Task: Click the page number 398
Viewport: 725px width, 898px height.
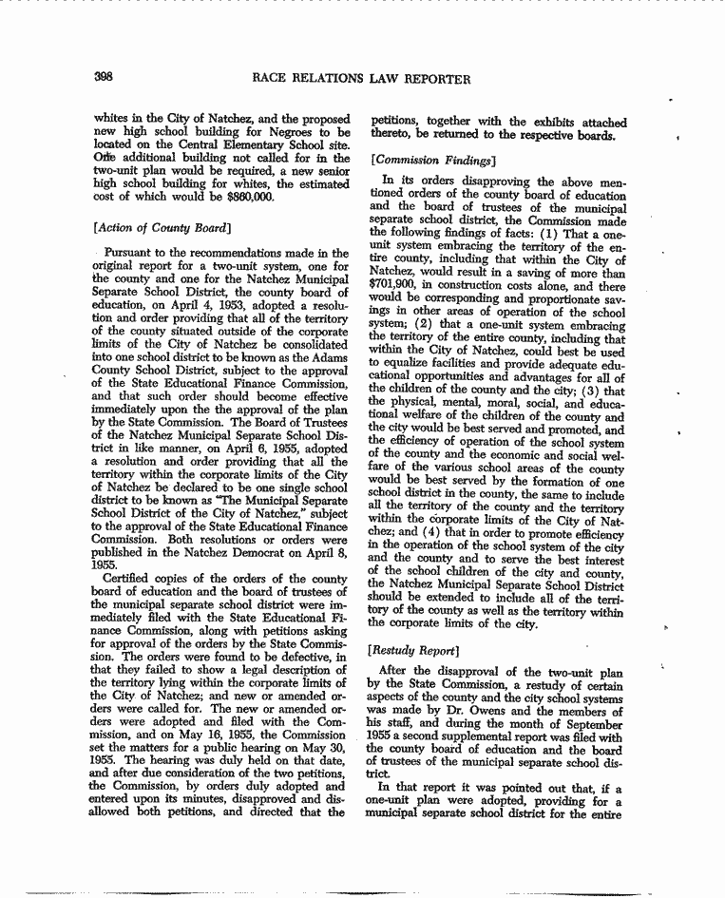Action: coord(105,79)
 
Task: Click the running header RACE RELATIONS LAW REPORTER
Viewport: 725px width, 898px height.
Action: coord(361,79)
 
